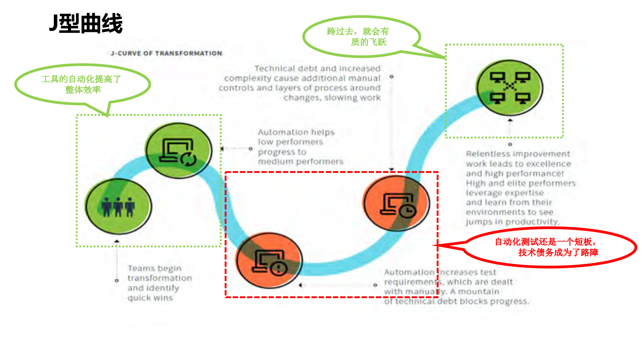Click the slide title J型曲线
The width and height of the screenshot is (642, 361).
[x=86, y=23]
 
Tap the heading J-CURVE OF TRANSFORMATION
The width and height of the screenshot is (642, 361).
[x=166, y=53]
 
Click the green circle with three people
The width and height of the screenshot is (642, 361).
[x=118, y=206]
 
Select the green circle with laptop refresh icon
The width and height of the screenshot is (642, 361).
[x=178, y=151]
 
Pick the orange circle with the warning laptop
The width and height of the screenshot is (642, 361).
[x=269, y=260]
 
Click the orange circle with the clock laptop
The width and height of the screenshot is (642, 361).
[x=396, y=203]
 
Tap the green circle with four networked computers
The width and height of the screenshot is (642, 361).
[x=510, y=87]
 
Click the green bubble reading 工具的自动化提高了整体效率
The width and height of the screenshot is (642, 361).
[x=82, y=84]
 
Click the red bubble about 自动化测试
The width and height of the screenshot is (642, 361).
[x=548, y=247]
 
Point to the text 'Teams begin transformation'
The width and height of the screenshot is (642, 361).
[x=159, y=273]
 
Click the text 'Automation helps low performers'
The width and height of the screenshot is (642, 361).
[x=297, y=137]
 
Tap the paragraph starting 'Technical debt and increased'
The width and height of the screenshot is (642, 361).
[x=300, y=83]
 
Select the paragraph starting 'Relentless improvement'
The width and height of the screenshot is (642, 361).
[x=520, y=188]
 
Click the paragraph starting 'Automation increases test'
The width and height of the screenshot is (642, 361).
[x=456, y=287]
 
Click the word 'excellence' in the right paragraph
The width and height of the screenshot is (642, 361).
[x=551, y=164]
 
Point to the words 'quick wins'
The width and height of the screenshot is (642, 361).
[x=150, y=298]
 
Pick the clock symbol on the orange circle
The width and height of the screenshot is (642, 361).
[x=408, y=210]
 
